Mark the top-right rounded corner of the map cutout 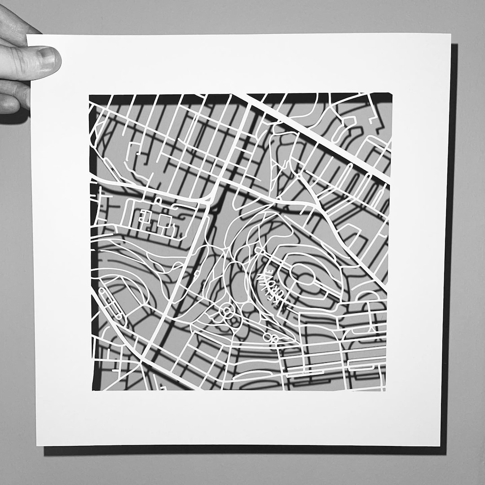pos(389,96)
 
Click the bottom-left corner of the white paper pos(37,445)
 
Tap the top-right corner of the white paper pos(450,35)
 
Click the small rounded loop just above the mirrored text pos(260,250)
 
